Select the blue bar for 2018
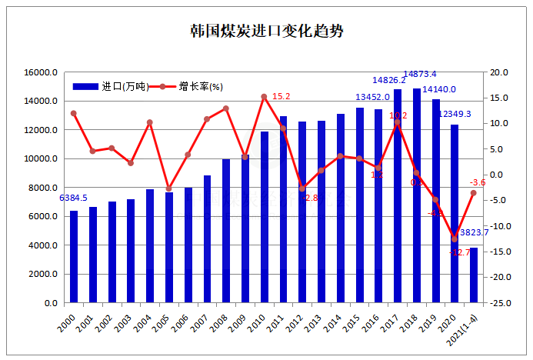416,196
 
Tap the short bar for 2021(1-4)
473,275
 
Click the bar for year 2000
74,257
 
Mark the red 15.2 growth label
281,97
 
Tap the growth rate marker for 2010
264,97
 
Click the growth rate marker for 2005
169,188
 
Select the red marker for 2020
454,239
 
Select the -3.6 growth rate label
478,182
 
